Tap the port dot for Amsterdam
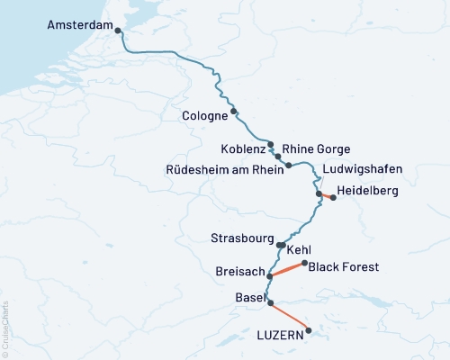pyautogui.click(x=116, y=31)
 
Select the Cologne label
pyautogui.click(x=204, y=116)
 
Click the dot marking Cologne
pyautogui.click(x=234, y=112)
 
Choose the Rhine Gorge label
pyautogui.click(x=316, y=148)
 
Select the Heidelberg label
pyautogui.click(x=366, y=192)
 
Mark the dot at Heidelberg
pyautogui.click(x=333, y=197)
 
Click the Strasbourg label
pyautogui.click(x=243, y=239)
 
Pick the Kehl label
pyautogui.click(x=300, y=249)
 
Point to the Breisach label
pyautogui.click(x=239, y=270)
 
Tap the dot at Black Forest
pyautogui.click(x=304, y=264)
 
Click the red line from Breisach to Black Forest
pyautogui.click(x=287, y=269)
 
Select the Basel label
pyautogui.click(x=249, y=298)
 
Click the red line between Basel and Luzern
pyautogui.click(x=290, y=317)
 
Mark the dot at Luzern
pyautogui.click(x=309, y=330)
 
